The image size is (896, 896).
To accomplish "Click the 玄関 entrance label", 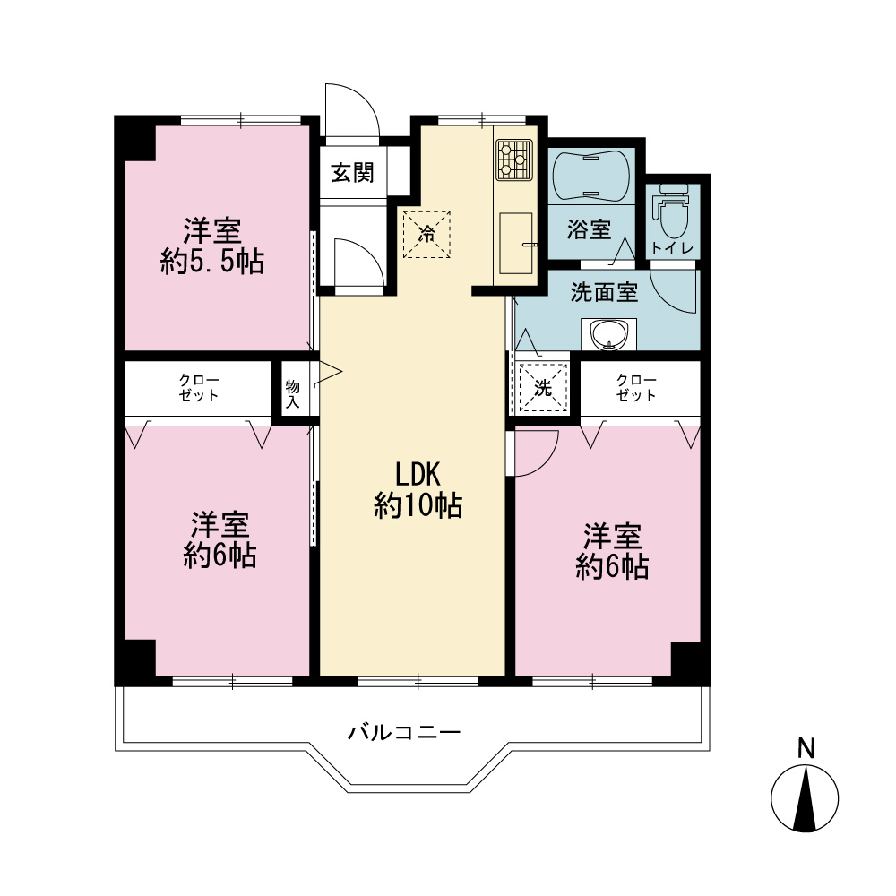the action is pyautogui.click(x=352, y=173).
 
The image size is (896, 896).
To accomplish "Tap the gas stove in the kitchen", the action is pyautogui.click(x=514, y=160).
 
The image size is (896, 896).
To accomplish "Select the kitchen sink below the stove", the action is pyautogui.click(x=516, y=244).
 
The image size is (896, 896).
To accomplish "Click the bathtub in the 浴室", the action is pyautogui.click(x=591, y=176).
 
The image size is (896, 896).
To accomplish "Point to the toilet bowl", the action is pyautogui.click(x=674, y=211).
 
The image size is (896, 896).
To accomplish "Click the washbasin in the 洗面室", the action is pyautogui.click(x=609, y=333).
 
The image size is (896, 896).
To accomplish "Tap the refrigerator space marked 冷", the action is pyautogui.click(x=426, y=234).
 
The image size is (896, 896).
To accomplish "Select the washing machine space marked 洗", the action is pyautogui.click(x=543, y=388).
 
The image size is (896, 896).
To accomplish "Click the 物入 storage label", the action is pyautogui.click(x=293, y=394).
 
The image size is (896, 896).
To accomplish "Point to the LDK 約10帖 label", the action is pyautogui.click(x=418, y=490).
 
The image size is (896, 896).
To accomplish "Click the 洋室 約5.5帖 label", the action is pyautogui.click(x=212, y=246).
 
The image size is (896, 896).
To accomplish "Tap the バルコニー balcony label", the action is pyautogui.click(x=405, y=732).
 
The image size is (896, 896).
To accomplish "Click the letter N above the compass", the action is pyautogui.click(x=806, y=748).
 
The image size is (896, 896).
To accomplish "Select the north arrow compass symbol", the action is pyautogui.click(x=805, y=798).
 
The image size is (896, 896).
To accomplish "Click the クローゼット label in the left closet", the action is pyautogui.click(x=199, y=387).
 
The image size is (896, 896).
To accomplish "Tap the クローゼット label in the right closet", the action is pyautogui.click(x=636, y=387).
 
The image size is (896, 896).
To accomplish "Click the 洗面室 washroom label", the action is pyautogui.click(x=604, y=293).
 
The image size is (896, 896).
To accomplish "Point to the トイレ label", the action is pyautogui.click(x=673, y=248).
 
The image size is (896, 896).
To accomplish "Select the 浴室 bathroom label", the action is pyautogui.click(x=590, y=229).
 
